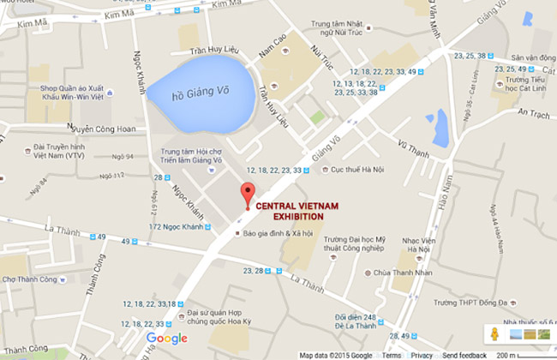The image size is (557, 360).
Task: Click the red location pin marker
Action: [x=248, y=193]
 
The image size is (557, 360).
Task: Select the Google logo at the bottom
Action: [x=160, y=339]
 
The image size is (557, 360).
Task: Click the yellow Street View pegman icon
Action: [x=494, y=333]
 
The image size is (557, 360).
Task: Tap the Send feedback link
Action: [x=464, y=355]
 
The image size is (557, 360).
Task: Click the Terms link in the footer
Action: [x=391, y=355]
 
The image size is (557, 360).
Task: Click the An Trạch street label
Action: [x=533, y=112]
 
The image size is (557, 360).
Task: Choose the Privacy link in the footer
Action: [x=422, y=355]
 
